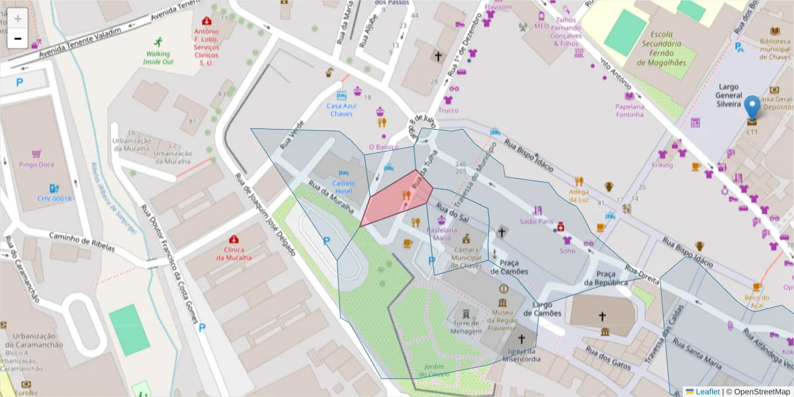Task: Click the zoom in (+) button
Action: pyautogui.click(x=18, y=19)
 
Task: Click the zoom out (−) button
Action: pyautogui.click(x=18, y=38)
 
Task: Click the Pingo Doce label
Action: pyautogui.click(x=37, y=164)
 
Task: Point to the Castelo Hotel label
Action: pyautogui.click(x=343, y=187)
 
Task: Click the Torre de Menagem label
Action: pyautogui.click(x=466, y=327)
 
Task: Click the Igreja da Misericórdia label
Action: pyautogui.click(x=521, y=355)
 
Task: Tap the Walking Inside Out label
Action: pyautogui.click(x=158, y=58)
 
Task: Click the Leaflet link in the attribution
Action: pyautogui.click(x=707, y=392)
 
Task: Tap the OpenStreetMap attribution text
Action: pyautogui.click(x=758, y=392)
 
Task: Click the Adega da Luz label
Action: pyautogui.click(x=579, y=196)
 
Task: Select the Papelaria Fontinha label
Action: pyautogui.click(x=629, y=110)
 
